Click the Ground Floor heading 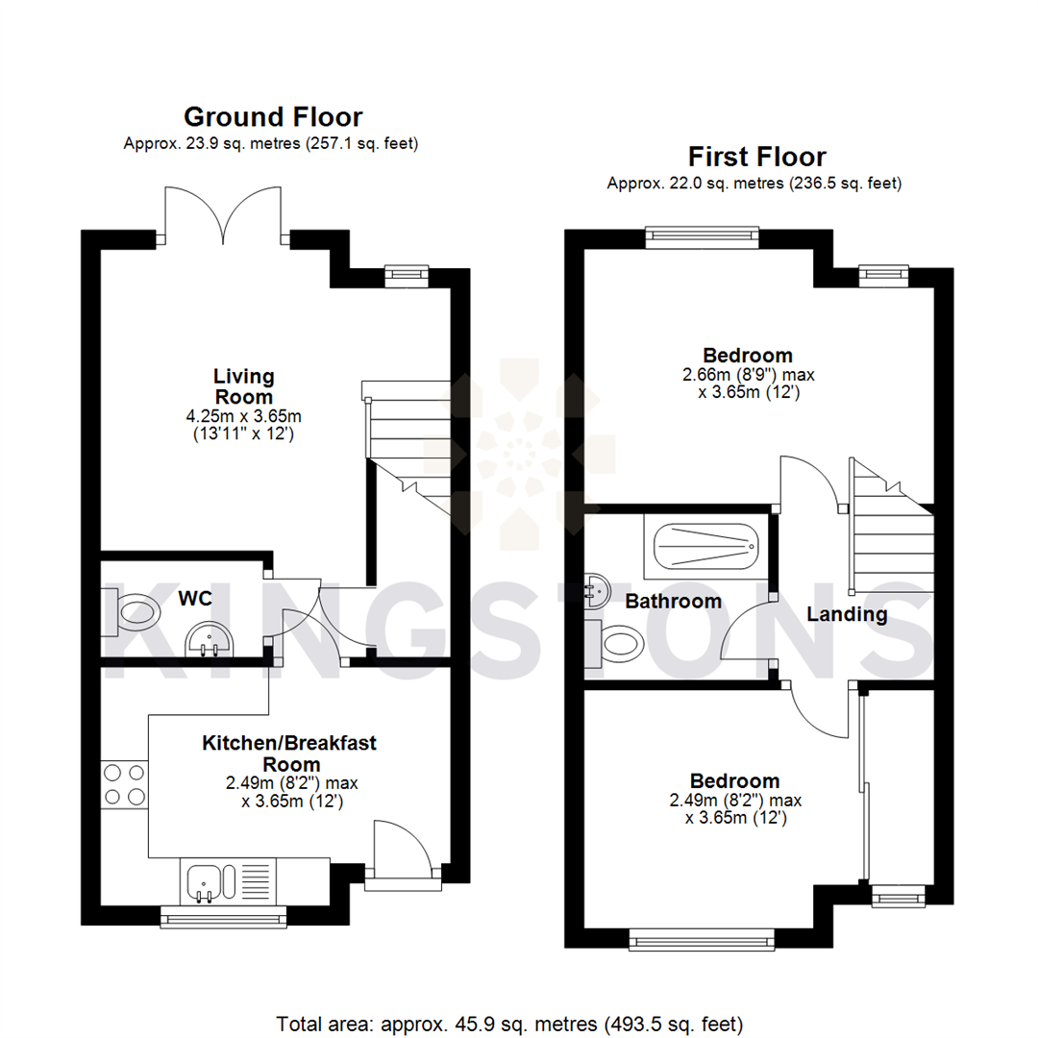273,117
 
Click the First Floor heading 756,157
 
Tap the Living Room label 244,385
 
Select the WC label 195,598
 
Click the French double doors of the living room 223,216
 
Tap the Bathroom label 673,602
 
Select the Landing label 846,614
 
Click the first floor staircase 889,538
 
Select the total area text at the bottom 509,1023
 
